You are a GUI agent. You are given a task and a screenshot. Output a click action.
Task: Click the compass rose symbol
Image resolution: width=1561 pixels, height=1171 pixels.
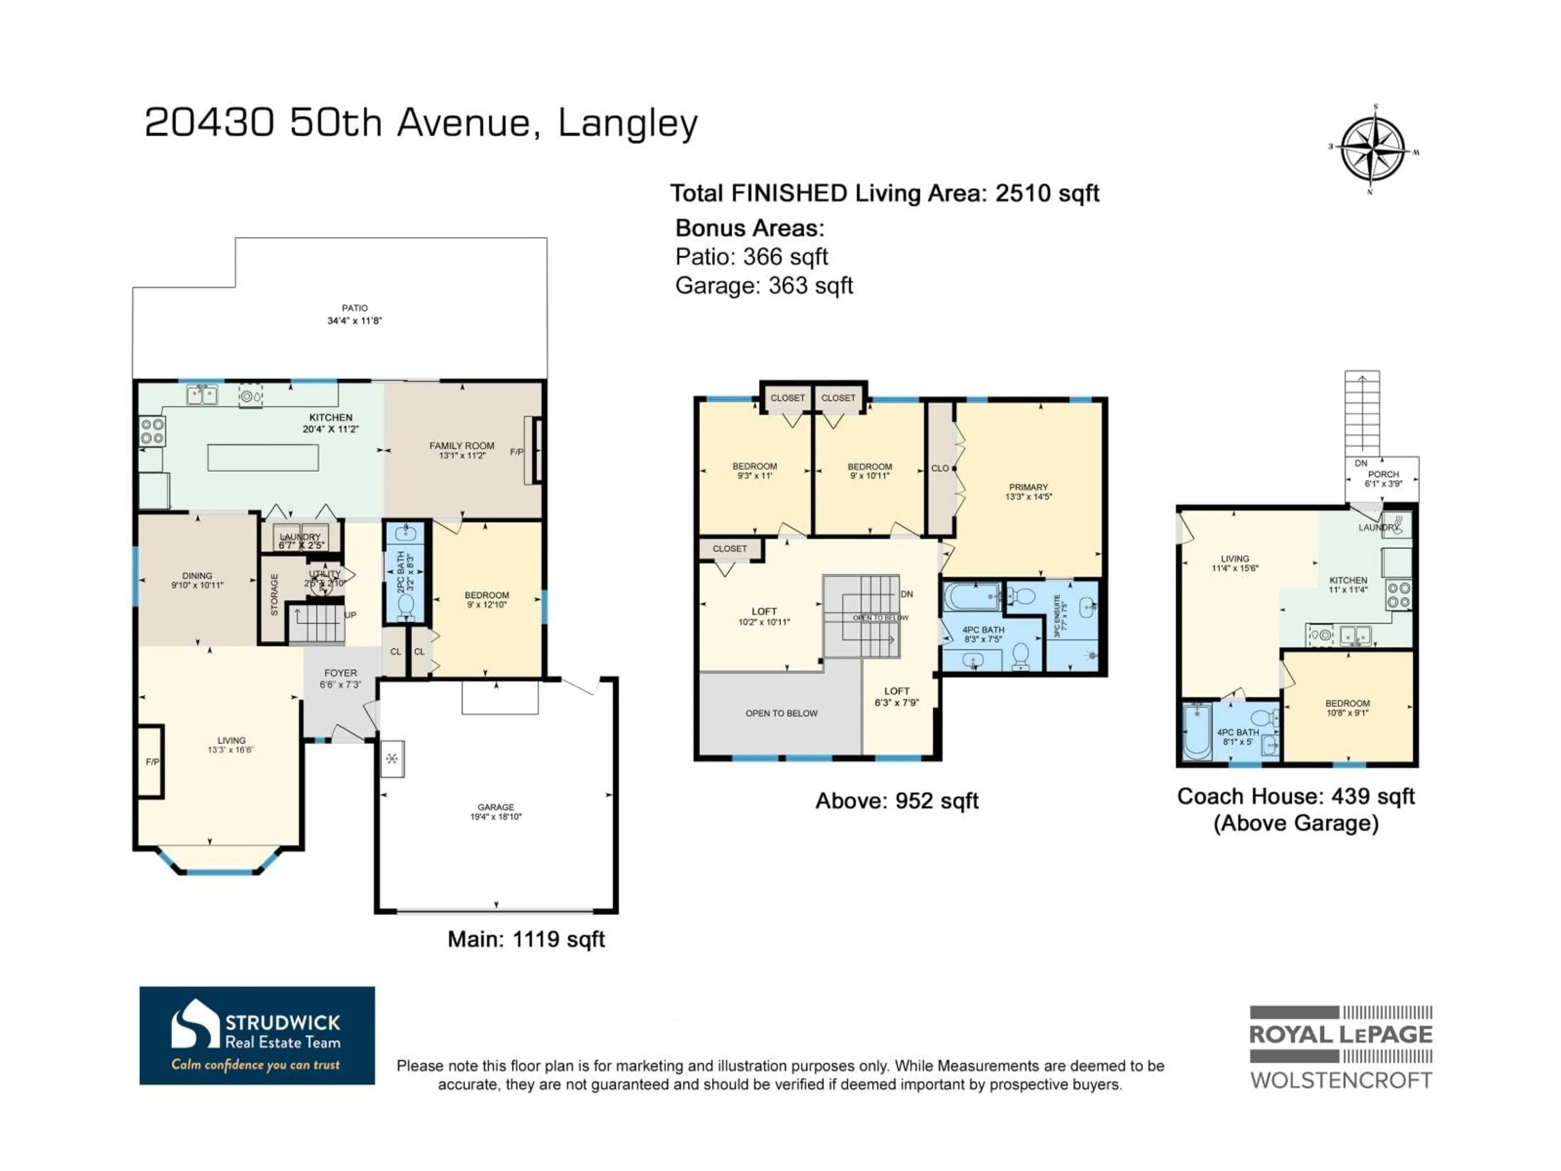pyautogui.click(x=1372, y=150)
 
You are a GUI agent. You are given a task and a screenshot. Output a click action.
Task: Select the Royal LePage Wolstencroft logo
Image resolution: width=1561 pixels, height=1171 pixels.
pyautogui.click(x=1340, y=1047)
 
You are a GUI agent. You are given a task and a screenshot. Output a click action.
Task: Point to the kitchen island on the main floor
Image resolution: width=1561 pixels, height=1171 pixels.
pyautogui.click(x=263, y=457)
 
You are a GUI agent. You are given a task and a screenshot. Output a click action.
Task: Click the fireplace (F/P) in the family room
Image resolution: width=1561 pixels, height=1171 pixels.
pyautogui.click(x=534, y=451)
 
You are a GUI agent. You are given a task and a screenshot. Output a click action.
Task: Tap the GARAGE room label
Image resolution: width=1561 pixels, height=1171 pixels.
pyautogui.click(x=496, y=807)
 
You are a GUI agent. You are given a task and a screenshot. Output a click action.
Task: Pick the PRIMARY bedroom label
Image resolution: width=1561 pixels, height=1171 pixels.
pyautogui.click(x=1028, y=487)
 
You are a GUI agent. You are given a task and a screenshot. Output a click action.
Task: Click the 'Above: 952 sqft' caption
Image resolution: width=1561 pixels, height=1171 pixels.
pyautogui.click(x=896, y=801)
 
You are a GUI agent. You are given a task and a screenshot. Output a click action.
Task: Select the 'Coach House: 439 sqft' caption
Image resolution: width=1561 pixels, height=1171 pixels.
pyautogui.click(x=1295, y=796)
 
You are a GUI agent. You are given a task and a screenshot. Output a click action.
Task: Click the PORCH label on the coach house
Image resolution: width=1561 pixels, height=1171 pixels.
pyautogui.click(x=1383, y=474)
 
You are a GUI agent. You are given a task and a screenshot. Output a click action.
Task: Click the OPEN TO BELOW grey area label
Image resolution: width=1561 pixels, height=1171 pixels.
pyautogui.click(x=781, y=714)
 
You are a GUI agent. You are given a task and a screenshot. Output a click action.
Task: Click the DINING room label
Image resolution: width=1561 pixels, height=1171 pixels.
pyautogui.click(x=197, y=576)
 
